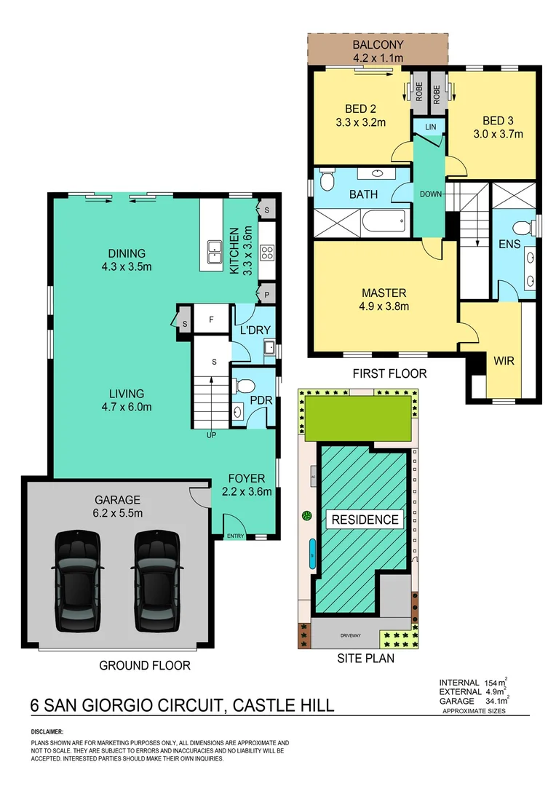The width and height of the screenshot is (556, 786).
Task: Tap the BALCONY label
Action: click(x=378, y=45)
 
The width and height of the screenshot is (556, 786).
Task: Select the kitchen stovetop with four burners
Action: click(x=267, y=254)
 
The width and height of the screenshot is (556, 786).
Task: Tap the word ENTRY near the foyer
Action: click(x=236, y=536)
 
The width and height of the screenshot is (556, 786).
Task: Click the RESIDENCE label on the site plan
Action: click(x=365, y=520)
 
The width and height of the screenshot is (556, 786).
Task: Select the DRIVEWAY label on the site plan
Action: click(x=350, y=635)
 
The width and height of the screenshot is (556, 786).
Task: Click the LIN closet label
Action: click(x=429, y=127)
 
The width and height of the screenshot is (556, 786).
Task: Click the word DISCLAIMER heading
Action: click(x=47, y=731)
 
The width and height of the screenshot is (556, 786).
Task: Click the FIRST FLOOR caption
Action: click(x=390, y=374)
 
